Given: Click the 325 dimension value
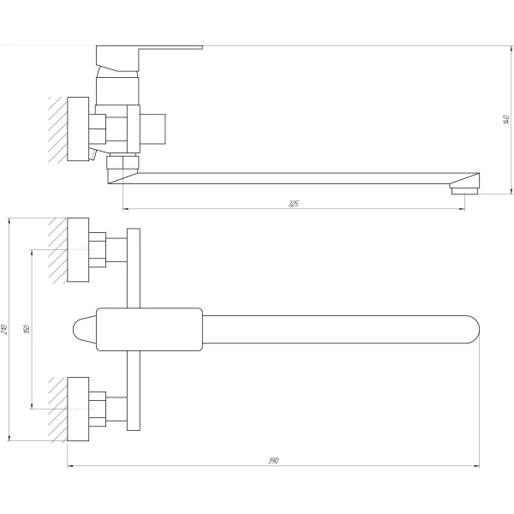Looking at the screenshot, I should point(294,204).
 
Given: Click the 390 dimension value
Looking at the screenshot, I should point(273,461).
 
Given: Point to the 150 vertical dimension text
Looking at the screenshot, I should point(26,329).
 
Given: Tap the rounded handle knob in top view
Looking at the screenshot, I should point(81,329).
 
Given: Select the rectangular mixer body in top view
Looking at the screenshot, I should point(150,329).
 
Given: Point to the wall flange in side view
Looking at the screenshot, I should point(79,128).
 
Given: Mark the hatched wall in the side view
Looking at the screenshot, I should point(57,128).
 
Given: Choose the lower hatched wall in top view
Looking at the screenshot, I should point(57,409).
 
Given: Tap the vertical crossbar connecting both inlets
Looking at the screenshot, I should point(133,274).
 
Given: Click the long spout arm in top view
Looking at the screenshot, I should point(334,329).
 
